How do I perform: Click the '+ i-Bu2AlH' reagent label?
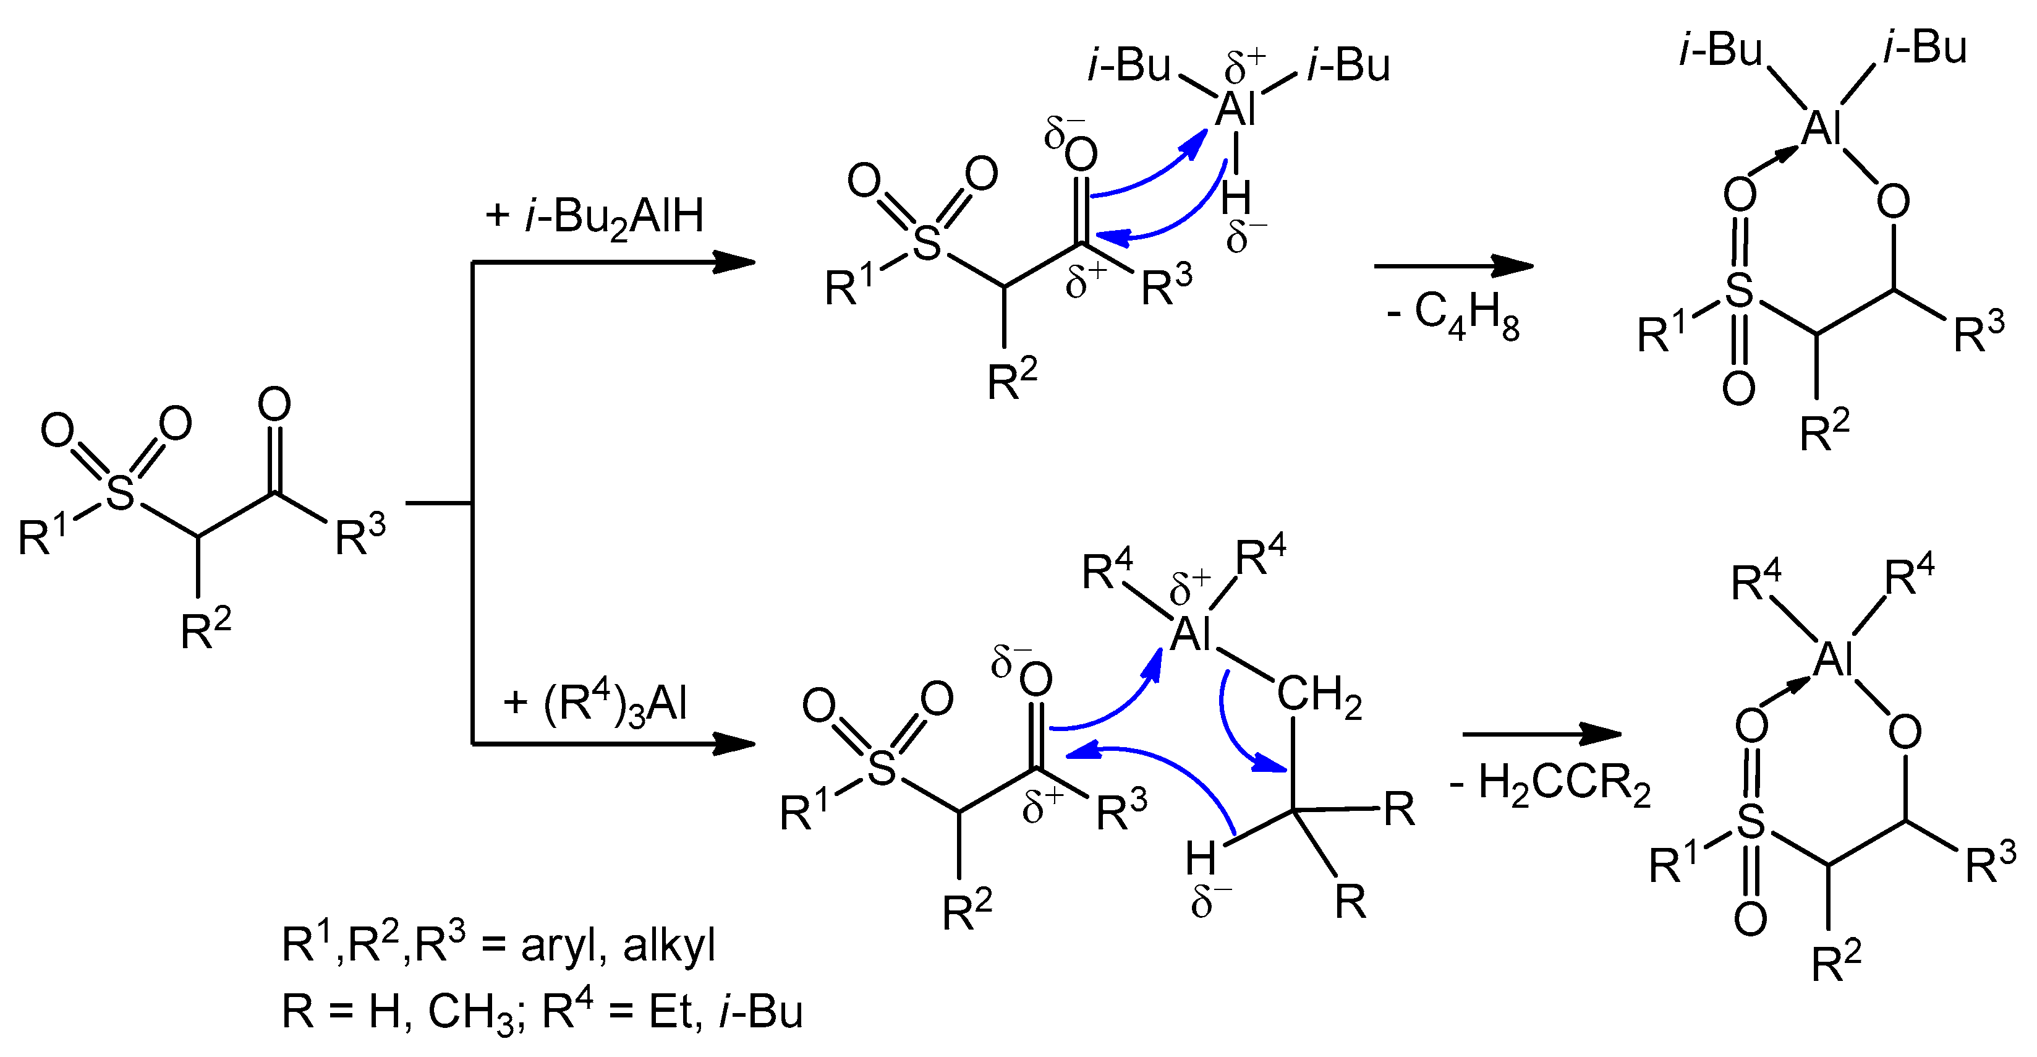[595, 216]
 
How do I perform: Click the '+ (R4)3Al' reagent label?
[595, 703]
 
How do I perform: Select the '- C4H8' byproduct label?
[1453, 315]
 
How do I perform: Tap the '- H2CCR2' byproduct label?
[1550, 785]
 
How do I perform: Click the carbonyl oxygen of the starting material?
[274, 405]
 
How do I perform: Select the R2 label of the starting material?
[206, 631]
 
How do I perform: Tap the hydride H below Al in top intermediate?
[1235, 198]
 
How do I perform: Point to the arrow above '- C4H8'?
[1453, 266]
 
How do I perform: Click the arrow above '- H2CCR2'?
[1542, 734]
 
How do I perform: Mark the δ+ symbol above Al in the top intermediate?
[1244, 68]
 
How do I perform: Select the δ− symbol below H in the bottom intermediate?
[1210, 901]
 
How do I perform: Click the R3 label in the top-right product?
[1978, 332]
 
